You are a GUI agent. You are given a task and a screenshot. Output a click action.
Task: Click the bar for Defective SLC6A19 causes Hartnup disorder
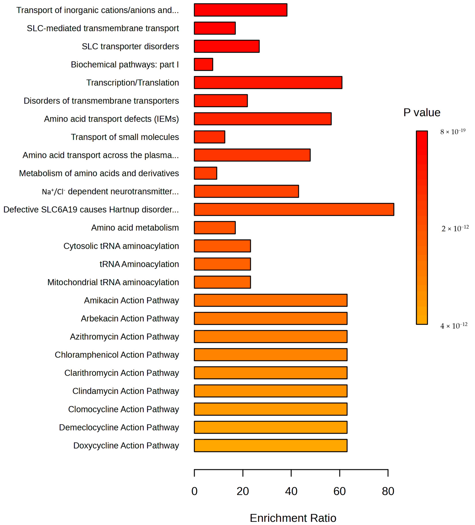(294, 209)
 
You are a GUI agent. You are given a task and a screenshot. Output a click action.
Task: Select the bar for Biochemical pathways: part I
(203, 64)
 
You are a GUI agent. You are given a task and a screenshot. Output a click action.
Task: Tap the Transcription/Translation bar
(268, 83)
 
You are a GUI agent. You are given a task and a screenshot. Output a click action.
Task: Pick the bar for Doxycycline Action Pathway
(270, 445)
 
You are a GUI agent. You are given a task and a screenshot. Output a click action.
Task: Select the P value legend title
(422, 113)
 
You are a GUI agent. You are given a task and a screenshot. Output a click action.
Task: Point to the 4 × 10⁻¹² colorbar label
(453, 325)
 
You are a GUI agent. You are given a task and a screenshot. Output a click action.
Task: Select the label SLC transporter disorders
(130, 46)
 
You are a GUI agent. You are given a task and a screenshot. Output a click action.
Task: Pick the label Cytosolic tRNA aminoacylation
(121, 246)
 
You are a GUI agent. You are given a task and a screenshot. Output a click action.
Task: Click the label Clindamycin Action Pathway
(126, 391)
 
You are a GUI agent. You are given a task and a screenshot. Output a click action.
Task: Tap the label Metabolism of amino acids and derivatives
(99, 173)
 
